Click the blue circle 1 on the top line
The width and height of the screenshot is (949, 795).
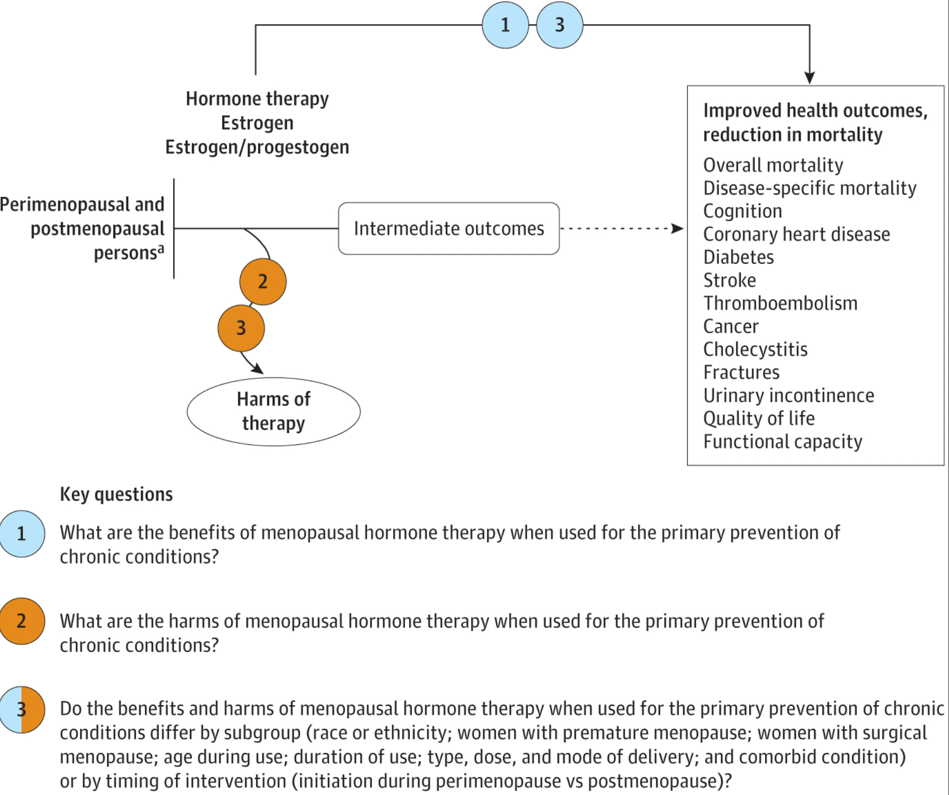click(x=505, y=25)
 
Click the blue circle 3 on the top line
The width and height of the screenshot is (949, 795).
click(x=560, y=25)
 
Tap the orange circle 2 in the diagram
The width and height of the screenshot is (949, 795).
click(x=263, y=282)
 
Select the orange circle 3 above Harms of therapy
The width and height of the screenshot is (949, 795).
click(x=241, y=328)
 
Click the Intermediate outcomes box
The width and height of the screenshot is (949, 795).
click(x=448, y=229)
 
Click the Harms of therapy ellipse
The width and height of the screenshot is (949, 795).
click(x=274, y=411)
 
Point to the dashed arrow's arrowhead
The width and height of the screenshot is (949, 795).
click(x=678, y=229)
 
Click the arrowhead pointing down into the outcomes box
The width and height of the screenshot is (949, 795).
click(x=810, y=78)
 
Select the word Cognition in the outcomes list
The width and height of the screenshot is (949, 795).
click(x=742, y=211)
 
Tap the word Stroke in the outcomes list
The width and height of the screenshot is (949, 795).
click(x=729, y=280)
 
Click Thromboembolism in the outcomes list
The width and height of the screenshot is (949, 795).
click(x=780, y=303)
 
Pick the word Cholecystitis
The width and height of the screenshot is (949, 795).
click(x=755, y=349)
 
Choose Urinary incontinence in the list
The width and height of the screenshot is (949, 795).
click(x=789, y=396)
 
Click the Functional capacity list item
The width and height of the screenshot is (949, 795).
click(x=783, y=442)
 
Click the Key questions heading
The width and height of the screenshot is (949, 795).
click(x=116, y=494)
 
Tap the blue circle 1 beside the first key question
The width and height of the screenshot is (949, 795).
click(x=22, y=534)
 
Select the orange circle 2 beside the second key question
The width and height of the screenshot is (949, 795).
click(x=22, y=621)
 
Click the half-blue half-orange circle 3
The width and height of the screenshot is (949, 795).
click(x=22, y=709)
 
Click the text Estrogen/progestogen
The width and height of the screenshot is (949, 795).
click(x=257, y=147)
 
